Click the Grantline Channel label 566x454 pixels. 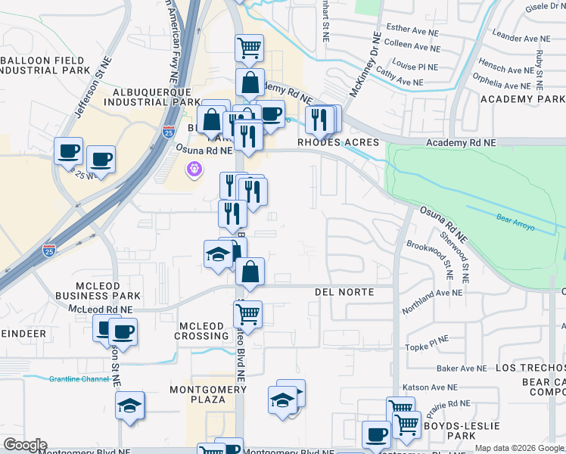point(80,379)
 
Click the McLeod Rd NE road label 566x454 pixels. point(100,309)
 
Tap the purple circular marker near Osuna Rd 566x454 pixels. point(195,169)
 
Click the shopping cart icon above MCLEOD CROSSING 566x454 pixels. point(248,314)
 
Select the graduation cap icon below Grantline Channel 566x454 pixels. point(130,406)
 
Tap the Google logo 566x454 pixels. point(24,446)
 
